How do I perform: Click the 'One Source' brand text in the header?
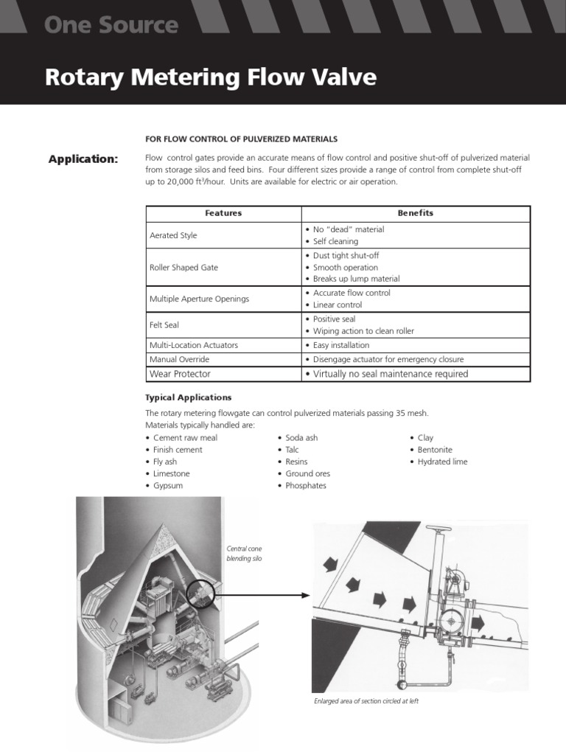(x=111, y=25)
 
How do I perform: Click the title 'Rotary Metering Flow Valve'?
(x=210, y=77)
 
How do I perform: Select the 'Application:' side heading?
(x=83, y=159)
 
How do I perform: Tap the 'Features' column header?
(x=223, y=213)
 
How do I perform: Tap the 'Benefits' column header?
(x=415, y=213)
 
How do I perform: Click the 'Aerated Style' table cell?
(x=173, y=235)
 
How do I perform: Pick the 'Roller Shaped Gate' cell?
(x=184, y=268)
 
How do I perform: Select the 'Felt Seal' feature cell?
(x=164, y=324)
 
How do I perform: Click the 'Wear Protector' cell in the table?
(x=180, y=374)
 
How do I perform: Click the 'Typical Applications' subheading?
(x=189, y=397)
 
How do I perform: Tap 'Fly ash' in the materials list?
(x=165, y=462)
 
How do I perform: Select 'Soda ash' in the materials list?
(x=301, y=438)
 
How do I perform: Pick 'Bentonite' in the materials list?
(x=435, y=450)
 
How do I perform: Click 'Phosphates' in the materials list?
(x=306, y=486)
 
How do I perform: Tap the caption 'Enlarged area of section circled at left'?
(x=366, y=701)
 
